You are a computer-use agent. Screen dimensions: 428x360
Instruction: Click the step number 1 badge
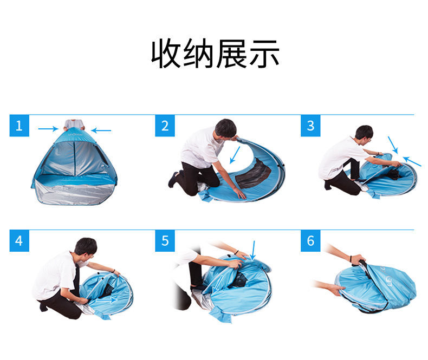point(19,126)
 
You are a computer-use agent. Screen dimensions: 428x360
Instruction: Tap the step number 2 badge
point(165,126)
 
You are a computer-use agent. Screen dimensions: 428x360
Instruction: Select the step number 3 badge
point(310,126)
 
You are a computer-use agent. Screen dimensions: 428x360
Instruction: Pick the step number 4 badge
point(19,240)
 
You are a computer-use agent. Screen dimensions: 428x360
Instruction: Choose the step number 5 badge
point(165,240)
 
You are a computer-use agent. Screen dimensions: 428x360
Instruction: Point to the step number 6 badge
point(310,240)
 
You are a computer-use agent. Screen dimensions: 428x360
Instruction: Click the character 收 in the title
point(166,53)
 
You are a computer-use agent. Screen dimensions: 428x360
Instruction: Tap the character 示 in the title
point(264,53)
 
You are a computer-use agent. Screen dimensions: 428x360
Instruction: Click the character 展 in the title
point(231,53)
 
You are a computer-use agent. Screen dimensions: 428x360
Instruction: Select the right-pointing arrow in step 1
point(48,129)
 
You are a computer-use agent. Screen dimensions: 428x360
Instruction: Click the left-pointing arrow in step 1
point(101,130)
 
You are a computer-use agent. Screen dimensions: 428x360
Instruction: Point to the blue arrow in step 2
point(235,155)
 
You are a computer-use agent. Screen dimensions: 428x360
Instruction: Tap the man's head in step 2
point(225,128)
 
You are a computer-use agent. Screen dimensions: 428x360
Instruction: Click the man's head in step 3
point(364,133)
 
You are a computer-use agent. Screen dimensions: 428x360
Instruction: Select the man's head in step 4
point(86,247)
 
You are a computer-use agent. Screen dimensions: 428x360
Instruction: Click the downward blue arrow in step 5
point(254,250)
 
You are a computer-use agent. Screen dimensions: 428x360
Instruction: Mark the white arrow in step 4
point(106,300)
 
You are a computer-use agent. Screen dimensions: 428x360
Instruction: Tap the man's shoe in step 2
point(173,179)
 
